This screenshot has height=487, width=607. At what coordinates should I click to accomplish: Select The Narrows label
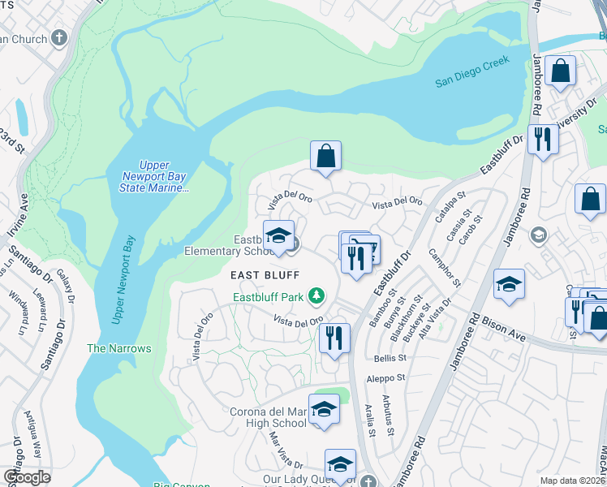(x=119, y=348)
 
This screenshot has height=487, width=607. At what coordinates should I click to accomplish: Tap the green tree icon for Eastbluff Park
(x=321, y=297)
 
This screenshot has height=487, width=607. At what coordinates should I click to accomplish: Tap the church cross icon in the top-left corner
(x=58, y=38)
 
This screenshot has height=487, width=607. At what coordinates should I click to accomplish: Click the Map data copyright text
(x=571, y=481)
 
